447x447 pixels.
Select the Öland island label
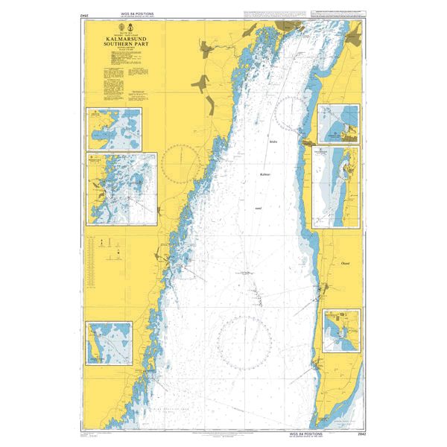click(x=343, y=262)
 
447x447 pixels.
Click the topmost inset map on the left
click(x=115, y=127)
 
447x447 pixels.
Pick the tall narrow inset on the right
click(x=335, y=186)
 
